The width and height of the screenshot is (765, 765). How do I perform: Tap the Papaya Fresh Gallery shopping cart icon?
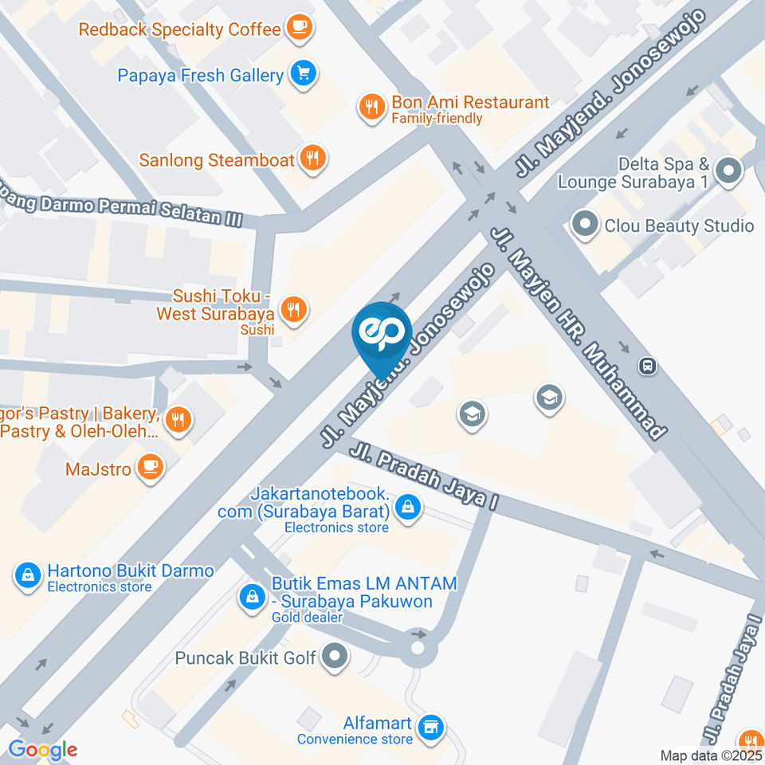pyautogui.click(x=303, y=75)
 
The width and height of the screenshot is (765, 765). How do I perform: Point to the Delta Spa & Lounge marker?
pyautogui.click(x=728, y=171)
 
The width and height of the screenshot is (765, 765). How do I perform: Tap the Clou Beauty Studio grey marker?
pyautogui.click(x=585, y=226)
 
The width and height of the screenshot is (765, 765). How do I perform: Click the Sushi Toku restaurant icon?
pyautogui.click(x=294, y=309)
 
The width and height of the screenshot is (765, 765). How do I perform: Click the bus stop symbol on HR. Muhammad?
pyautogui.click(x=648, y=366)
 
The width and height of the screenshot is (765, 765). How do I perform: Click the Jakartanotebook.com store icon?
pyautogui.click(x=408, y=506)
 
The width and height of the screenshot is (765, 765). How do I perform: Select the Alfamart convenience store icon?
pyautogui.click(x=432, y=727)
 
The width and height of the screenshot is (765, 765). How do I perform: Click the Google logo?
pyautogui.click(x=42, y=750)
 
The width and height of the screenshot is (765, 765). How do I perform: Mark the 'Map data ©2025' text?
pyautogui.click(x=712, y=755)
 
